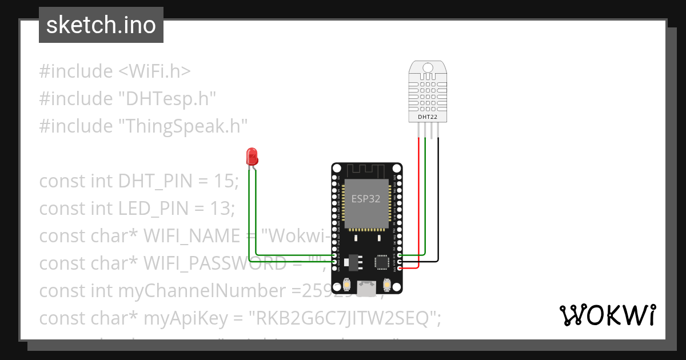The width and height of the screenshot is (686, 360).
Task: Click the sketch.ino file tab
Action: [x=101, y=26]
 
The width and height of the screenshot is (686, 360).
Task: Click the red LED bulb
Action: [x=251, y=156]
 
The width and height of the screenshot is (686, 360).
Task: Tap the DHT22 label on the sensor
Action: [x=428, y=117]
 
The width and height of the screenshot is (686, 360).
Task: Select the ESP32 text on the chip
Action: [x=366, y=199]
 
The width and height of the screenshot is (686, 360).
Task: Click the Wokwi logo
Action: [x=607, y=315]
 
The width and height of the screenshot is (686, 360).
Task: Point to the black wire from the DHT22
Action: [x=438, y=200]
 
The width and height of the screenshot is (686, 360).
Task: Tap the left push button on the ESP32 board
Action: [x=347, y=284]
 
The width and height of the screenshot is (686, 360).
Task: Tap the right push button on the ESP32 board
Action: [x=387, y=284]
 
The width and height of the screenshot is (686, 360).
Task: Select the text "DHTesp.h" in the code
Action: [x=167, y=99]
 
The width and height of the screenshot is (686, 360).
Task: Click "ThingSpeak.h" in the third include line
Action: [x=183, y=126]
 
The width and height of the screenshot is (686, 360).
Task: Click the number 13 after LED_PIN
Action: [x=223, y=209]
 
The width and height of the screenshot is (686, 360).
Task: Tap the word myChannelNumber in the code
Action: [x=206, y=291]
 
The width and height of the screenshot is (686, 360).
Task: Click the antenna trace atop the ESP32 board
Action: [x=366, y=170]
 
